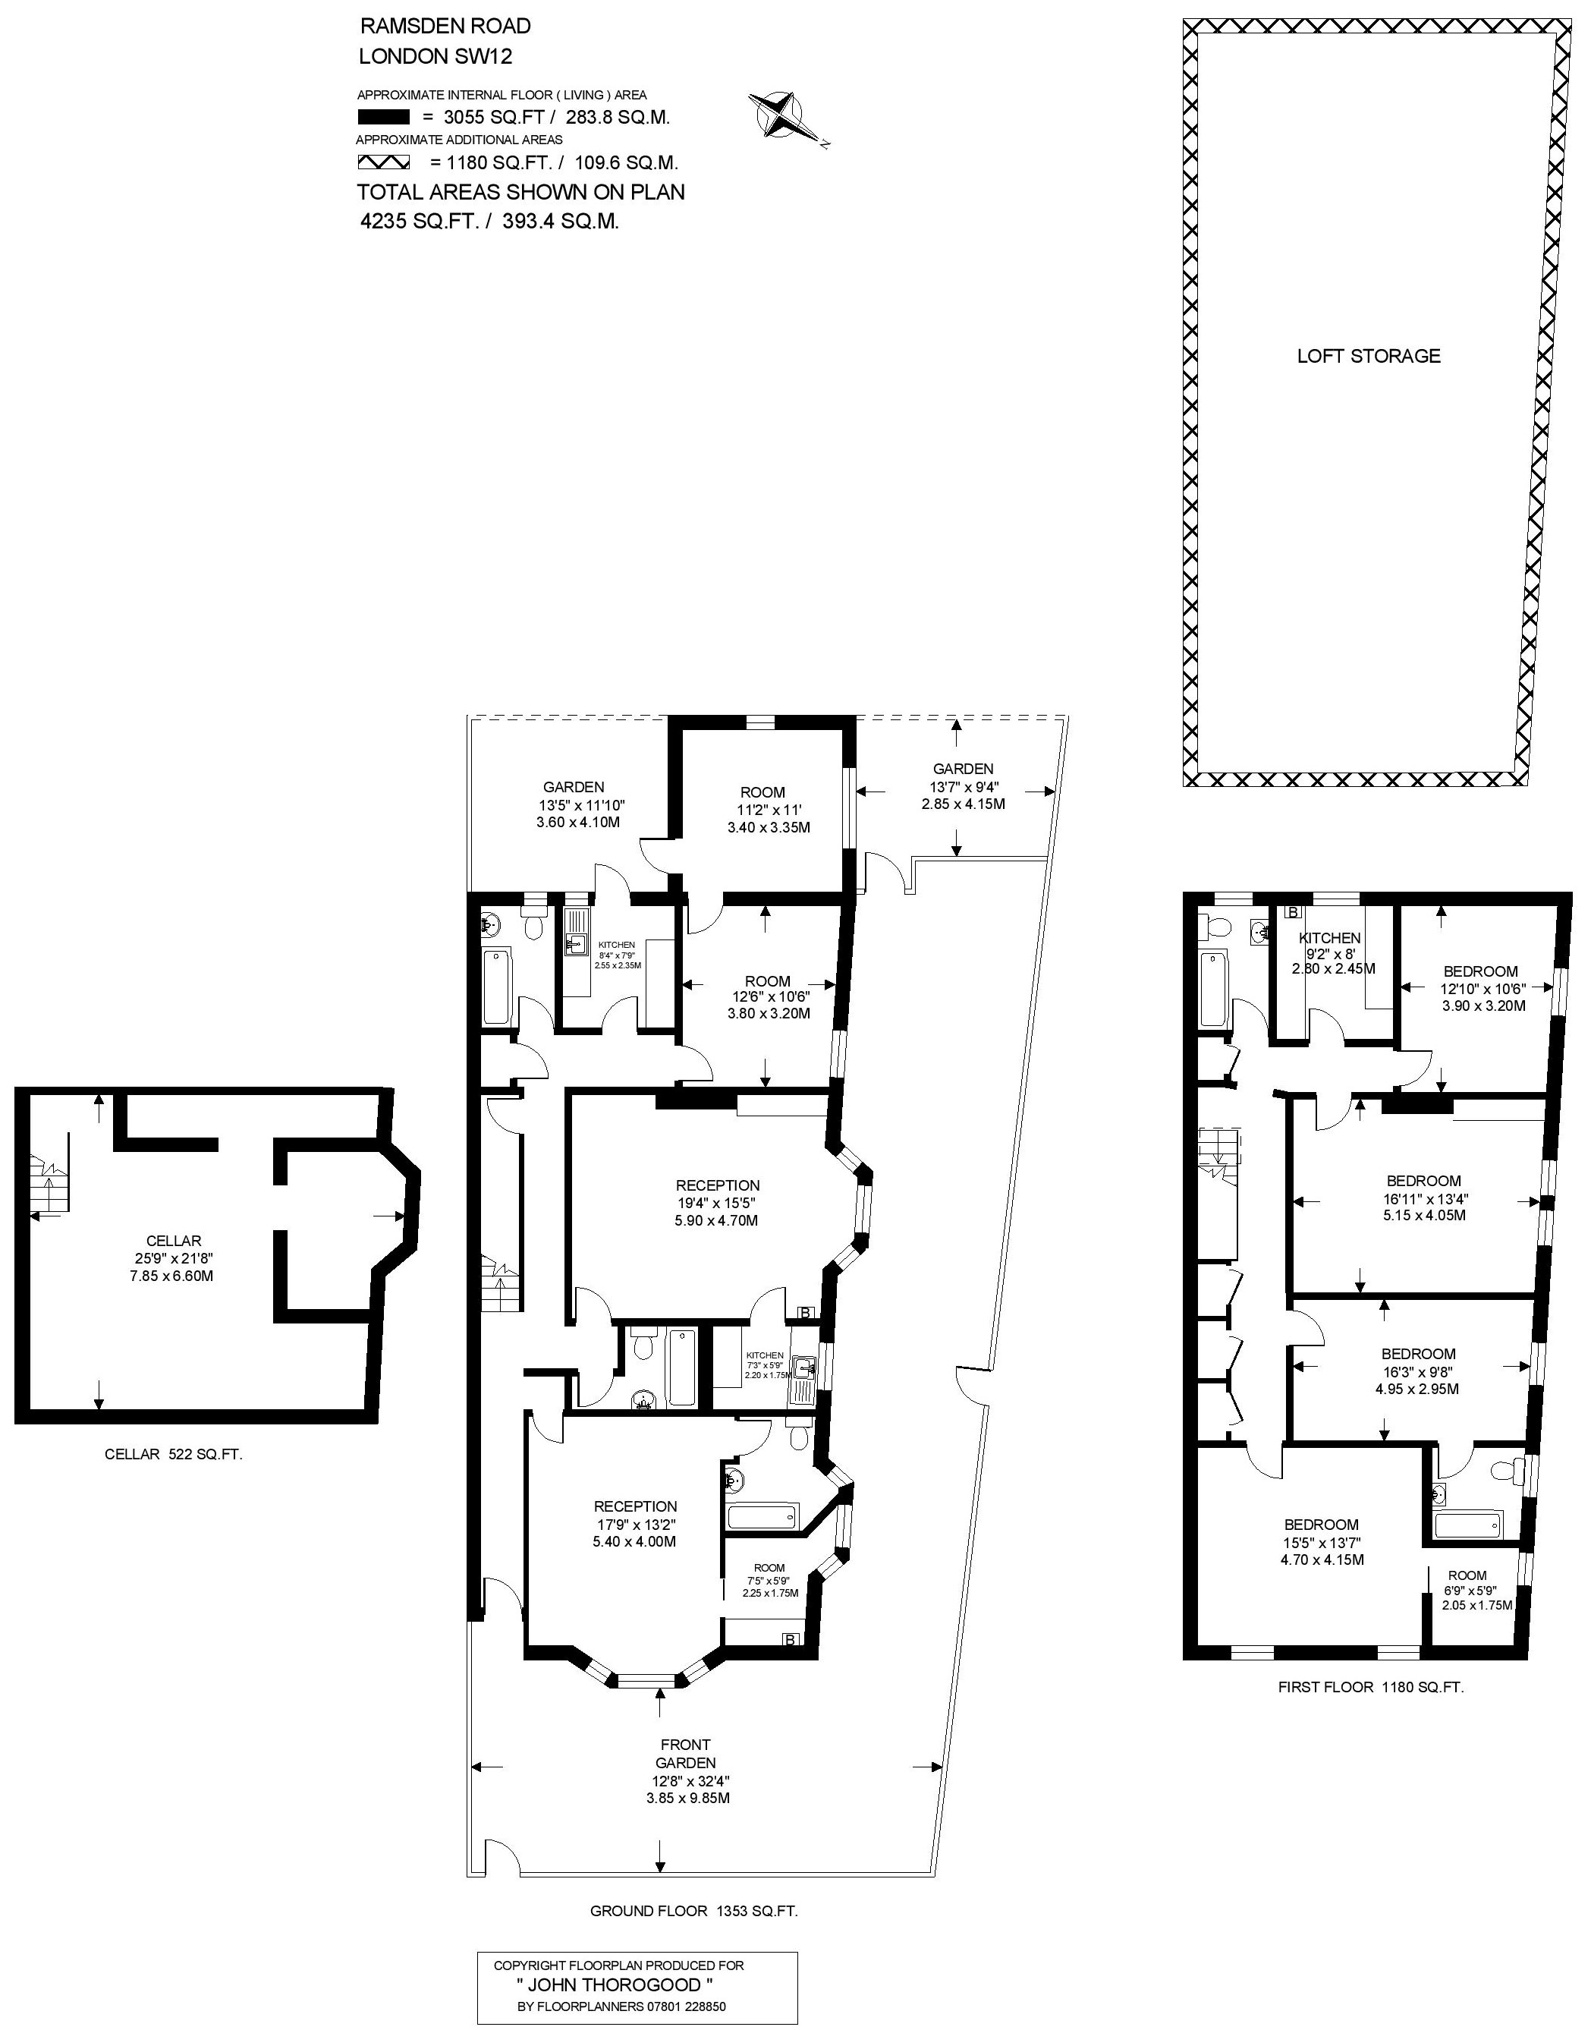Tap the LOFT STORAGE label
coord(1369,356)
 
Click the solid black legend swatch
coord(384,118)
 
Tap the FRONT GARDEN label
coord(686,1753)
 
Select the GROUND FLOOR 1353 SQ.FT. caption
coord(694,1911)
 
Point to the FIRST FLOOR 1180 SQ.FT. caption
coord(1371,1686)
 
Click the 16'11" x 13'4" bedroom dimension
coord(1423,1199)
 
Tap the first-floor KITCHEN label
coord(1330,938)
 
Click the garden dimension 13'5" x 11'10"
coord(574,805)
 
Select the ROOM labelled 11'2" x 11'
coord(763,793)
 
